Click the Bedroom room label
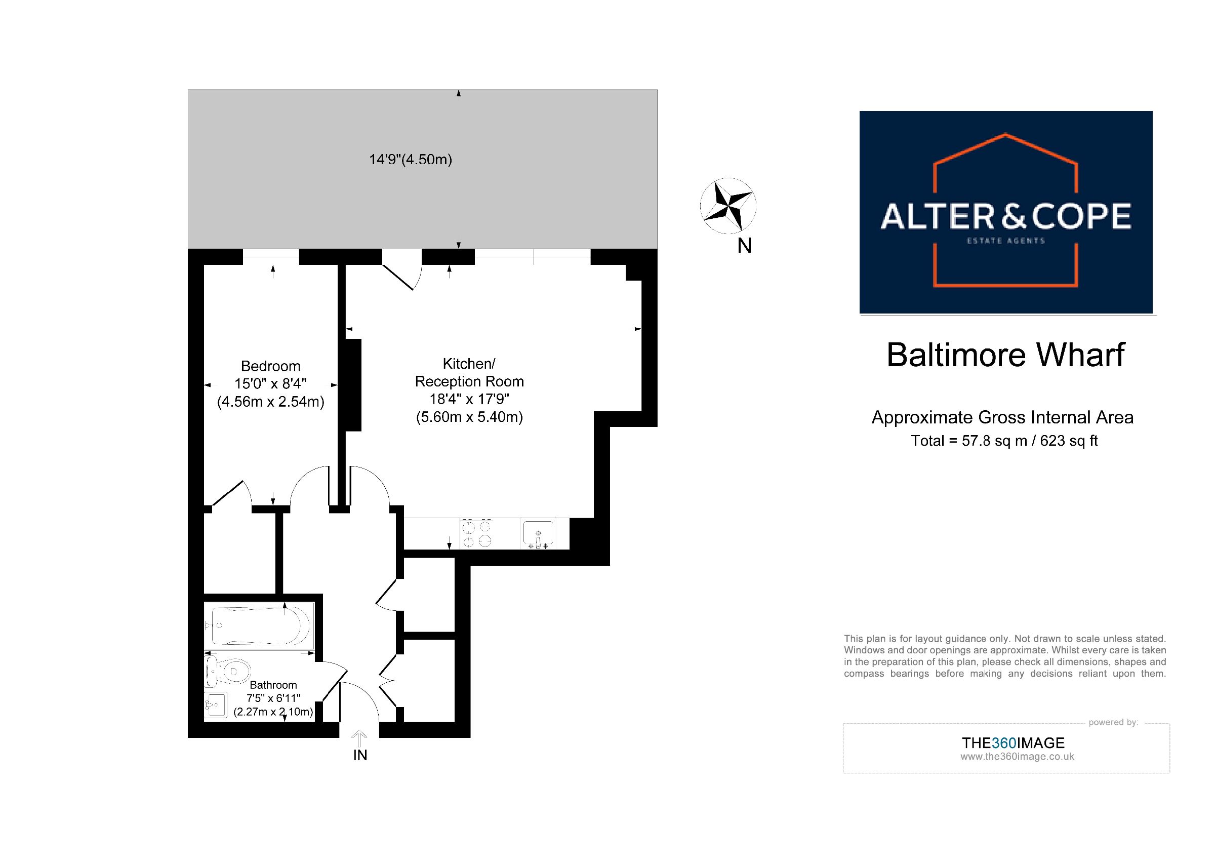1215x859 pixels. [x=270, y=366]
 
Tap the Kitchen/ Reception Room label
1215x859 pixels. [x=469, y=373]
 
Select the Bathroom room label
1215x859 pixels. [x=273, y=685]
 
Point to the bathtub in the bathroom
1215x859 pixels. [x=260, y=626]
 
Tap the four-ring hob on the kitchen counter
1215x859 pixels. [x=476, y=533]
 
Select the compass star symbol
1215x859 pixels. [x=727, y=206]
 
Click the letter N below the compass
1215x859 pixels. [x=745, y=246]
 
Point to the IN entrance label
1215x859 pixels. [x=360, y=755]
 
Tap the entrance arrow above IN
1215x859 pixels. [x=359, y=738]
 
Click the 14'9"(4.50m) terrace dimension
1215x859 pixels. [x=411, y=160]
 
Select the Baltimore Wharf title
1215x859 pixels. [x=1005, y=355]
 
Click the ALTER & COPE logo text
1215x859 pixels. [x=1005, y=216]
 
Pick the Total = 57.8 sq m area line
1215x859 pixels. [x=1004, y=440]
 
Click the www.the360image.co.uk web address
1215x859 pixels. [x=1017, y=757]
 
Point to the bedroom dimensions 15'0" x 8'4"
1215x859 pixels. [x=270, y=384]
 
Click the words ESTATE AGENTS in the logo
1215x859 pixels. [x=1006, y=241]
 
